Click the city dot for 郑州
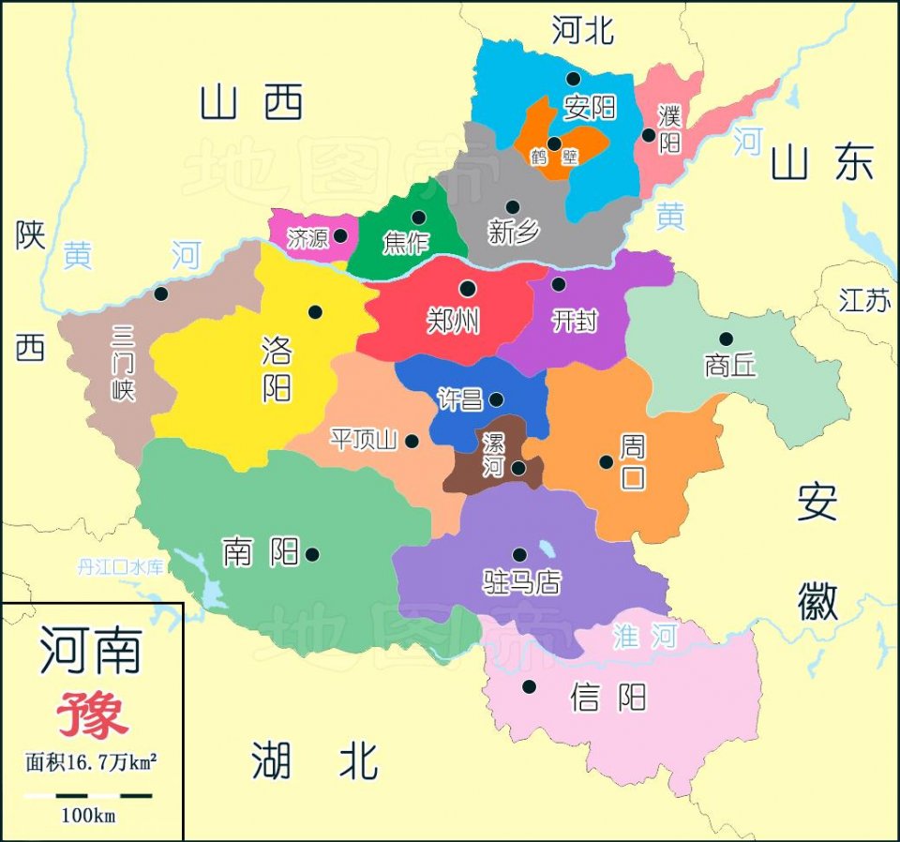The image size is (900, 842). [467, 289]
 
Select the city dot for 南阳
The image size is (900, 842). [312, 554]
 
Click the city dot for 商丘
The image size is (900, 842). [726, 338]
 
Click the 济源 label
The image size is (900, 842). [307, 238]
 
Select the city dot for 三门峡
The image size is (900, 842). [161, 293]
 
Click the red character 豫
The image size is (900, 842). [91, 715]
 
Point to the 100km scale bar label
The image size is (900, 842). [88, 816]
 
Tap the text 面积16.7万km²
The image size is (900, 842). [91, 761]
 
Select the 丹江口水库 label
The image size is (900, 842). [120, 566]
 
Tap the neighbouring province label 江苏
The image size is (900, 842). [863, 300]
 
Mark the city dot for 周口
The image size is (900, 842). [606, 461]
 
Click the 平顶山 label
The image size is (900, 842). [364, 439]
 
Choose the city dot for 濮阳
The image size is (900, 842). [648, 135]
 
